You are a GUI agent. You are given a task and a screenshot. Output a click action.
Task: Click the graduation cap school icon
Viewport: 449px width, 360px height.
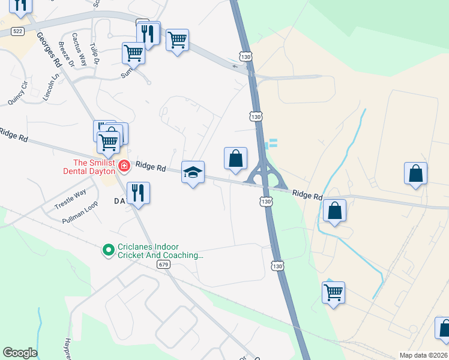[193, 172]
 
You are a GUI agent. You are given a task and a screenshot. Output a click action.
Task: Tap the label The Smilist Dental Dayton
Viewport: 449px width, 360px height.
[94, 167]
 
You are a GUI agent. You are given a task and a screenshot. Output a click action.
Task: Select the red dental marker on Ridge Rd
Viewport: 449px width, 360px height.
[124, 166]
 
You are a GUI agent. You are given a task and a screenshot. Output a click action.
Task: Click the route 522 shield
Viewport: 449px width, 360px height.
[17, 31]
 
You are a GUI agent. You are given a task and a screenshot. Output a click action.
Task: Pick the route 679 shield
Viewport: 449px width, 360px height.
[163, 264]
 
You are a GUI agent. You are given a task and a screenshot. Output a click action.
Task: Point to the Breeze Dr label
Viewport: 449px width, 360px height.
[66, 55]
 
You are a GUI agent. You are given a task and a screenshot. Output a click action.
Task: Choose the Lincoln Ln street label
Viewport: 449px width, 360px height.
[53, 86]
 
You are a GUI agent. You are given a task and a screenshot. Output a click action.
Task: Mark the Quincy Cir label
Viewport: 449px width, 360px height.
[18, 94]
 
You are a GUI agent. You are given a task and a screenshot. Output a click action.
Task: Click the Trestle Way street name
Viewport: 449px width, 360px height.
[70, 199]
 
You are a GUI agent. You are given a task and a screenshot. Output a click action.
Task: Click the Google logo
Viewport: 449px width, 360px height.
[20, 353]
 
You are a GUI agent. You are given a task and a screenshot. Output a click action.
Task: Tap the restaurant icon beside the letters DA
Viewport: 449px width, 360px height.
[138, 193]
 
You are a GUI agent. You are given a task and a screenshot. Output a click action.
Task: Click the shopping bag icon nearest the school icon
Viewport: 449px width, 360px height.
[236, 159]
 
